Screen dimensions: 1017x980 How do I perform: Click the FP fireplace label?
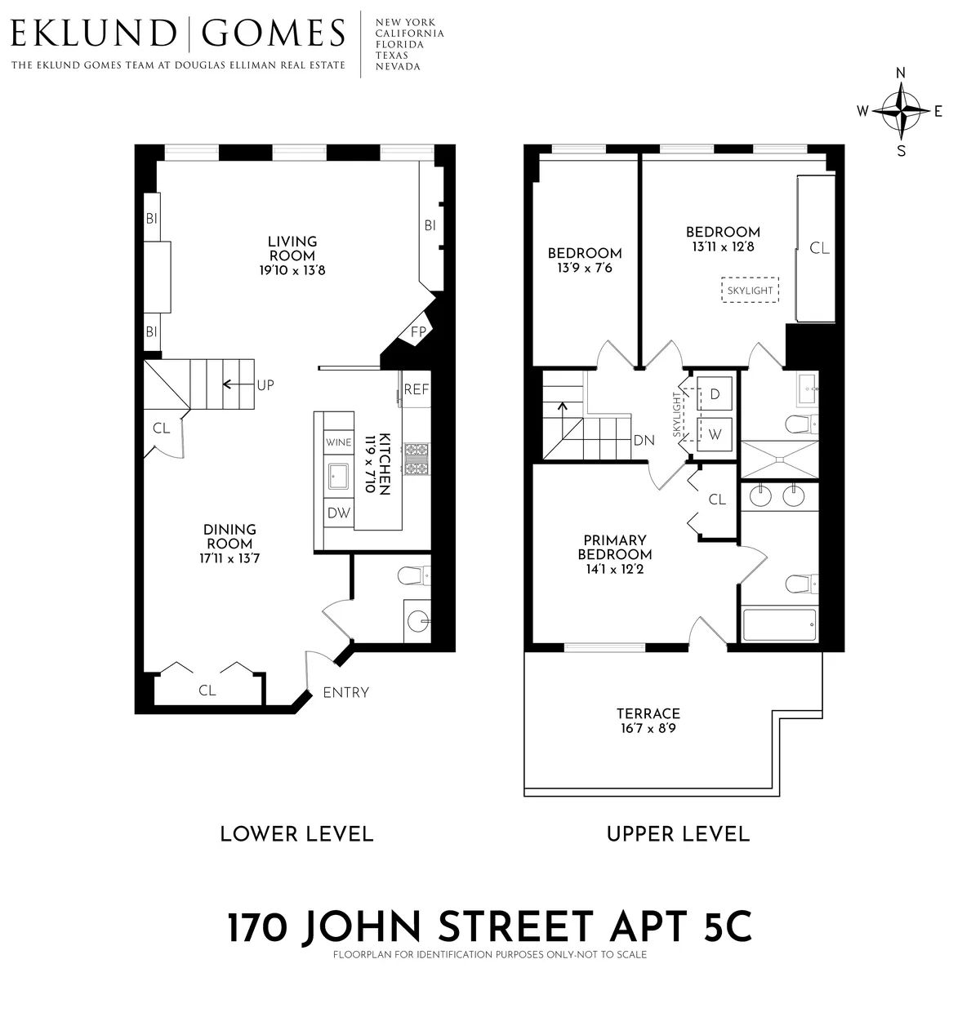418,332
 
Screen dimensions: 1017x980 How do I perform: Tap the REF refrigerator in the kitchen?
416,390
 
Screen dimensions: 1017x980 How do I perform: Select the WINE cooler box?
338,442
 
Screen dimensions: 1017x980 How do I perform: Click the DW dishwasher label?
338,513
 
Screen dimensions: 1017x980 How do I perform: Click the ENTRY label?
346,693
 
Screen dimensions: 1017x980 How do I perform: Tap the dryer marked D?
715,393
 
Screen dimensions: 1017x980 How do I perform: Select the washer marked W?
715,434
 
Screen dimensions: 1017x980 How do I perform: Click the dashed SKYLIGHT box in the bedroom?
750,291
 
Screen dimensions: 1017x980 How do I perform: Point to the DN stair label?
644,441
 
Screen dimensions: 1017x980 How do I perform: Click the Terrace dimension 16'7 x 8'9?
648,727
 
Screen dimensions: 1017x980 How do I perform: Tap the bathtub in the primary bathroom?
779,625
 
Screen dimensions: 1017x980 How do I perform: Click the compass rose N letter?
901,72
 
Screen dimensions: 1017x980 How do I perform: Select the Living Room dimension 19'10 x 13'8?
292,270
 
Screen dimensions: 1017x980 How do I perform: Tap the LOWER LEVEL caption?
296,834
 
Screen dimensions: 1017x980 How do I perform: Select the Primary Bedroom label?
615,547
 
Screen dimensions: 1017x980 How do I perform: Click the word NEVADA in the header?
398,67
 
